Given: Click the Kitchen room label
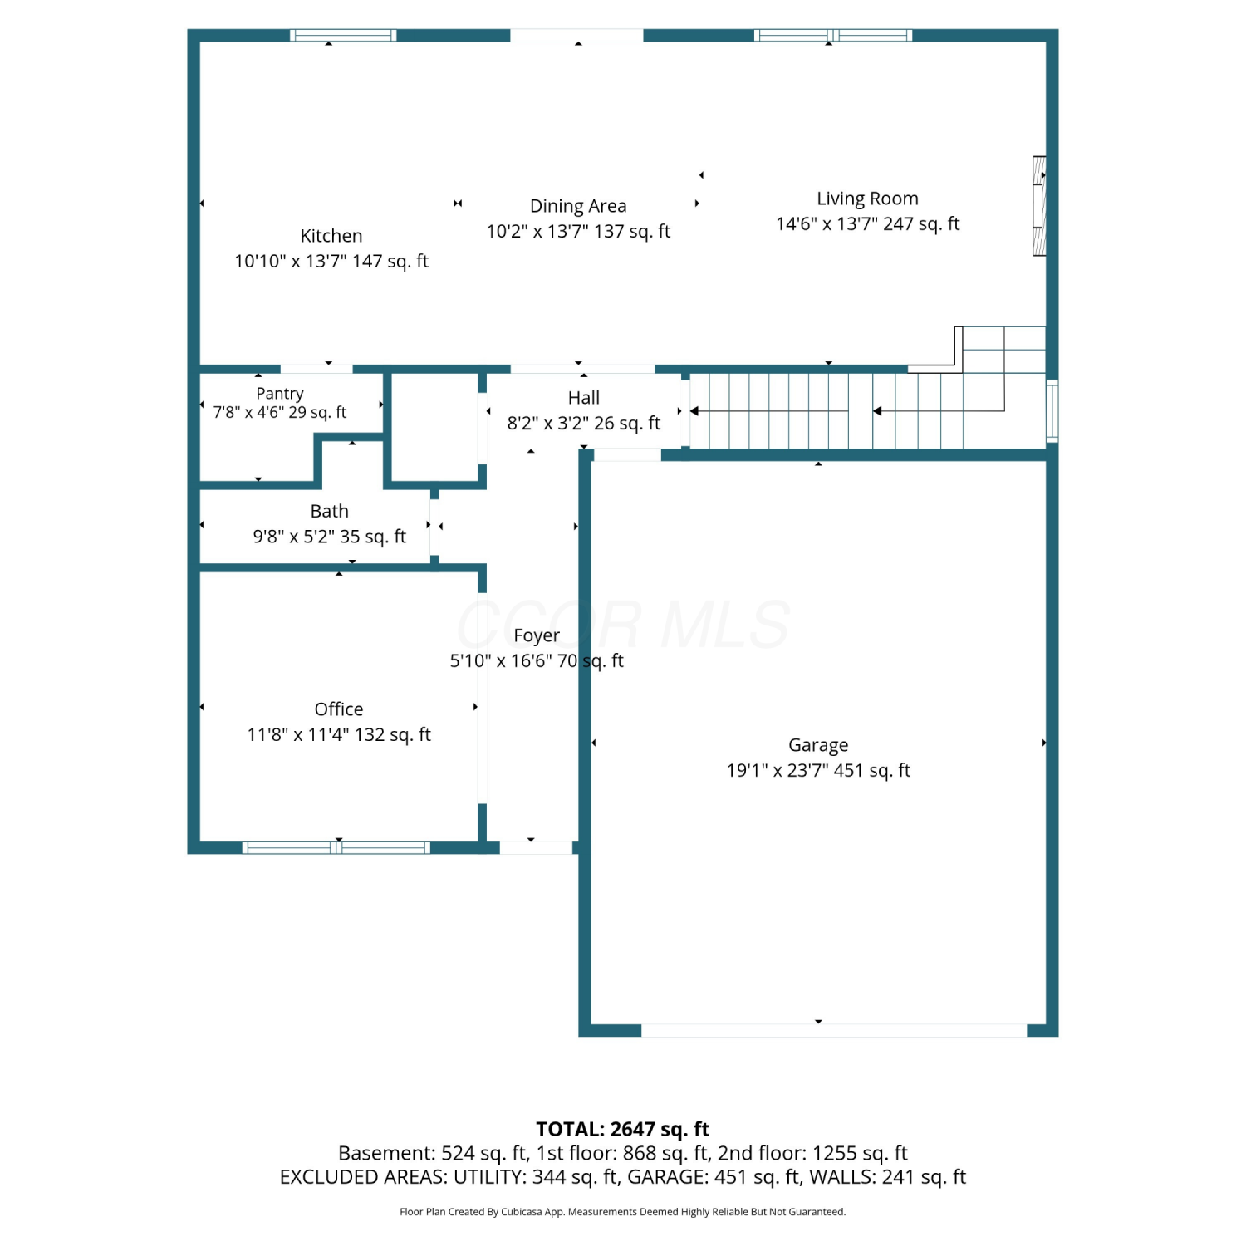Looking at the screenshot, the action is [x=331, y=236].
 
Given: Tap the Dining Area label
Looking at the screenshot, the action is [x=578, y=206].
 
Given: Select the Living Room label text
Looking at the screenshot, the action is [x=867, y=199].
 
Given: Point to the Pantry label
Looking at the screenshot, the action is [x=280, y=394].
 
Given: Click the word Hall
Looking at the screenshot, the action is [x=584, y=398].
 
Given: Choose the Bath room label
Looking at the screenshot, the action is [x=330, y=511].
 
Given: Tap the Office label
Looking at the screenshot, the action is [x=339, y=709].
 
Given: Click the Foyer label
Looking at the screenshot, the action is [x=537, y=636].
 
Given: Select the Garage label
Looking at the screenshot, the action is [x=818, y=746].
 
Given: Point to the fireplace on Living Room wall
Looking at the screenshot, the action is [x=1039, y=206].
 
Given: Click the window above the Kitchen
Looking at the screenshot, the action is [x=343, y=35].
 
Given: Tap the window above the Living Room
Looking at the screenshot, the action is [x=833, y=35].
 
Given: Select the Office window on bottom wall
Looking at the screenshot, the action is [x=336, y=847].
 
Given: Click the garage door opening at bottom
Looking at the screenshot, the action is [x=834, y=1030].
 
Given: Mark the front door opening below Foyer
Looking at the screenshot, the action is [x=536, y=847].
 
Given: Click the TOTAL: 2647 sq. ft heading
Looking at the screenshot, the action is [x=623, y=1129].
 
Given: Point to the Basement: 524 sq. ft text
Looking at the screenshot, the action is [x=433, y=1153].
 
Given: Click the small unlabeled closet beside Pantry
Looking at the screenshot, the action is [x=434, y=427].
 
